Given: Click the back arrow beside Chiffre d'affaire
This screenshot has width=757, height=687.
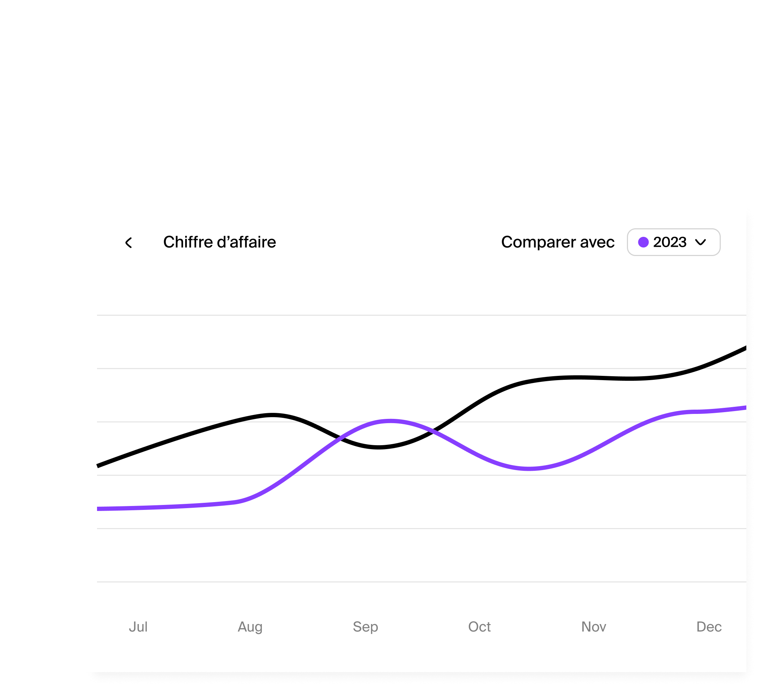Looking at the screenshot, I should (128, 243).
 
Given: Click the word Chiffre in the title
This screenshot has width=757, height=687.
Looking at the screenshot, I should (188, 242).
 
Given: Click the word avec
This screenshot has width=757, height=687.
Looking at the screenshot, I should (597, 242).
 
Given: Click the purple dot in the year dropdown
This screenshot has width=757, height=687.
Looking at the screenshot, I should (643, 242).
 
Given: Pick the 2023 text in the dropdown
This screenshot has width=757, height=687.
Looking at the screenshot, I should (670, 242).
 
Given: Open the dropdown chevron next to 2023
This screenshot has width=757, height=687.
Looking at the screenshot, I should (700, 242).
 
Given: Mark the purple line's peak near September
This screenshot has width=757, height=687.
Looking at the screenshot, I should (391, 421).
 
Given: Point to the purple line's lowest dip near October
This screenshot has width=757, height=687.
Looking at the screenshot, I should (529, 468).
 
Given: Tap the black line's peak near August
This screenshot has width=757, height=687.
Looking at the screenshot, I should (273, 415).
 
